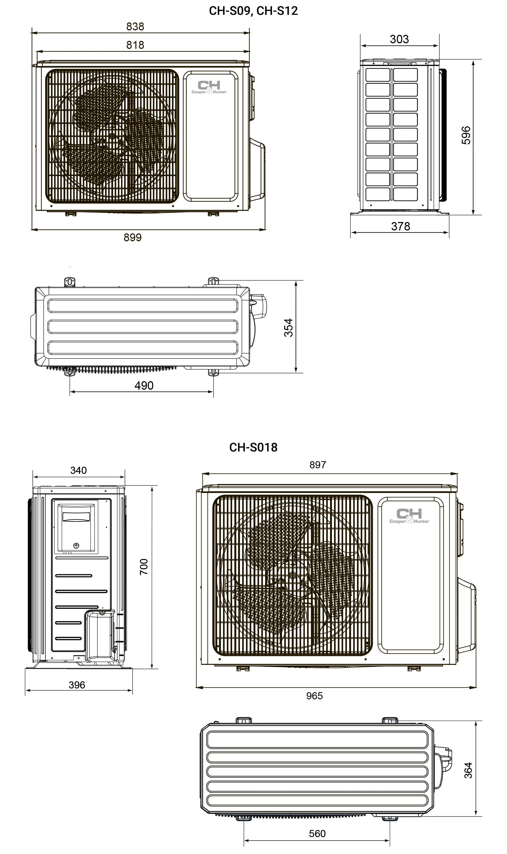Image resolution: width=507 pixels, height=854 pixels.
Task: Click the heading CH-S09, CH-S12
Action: coord(253,11)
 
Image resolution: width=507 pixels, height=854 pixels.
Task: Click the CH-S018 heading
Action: coord(253,447)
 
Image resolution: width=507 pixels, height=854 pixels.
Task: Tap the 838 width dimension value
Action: coord(135,27)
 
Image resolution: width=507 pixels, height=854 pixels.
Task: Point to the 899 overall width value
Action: coord(133,237)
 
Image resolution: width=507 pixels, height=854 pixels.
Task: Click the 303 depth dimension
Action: coord(399,39)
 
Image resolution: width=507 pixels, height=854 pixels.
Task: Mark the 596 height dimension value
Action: coord(466,136)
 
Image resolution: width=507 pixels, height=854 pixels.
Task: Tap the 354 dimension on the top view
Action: coord(289,328)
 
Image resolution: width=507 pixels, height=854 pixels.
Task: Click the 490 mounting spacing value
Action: coord(144,385)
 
